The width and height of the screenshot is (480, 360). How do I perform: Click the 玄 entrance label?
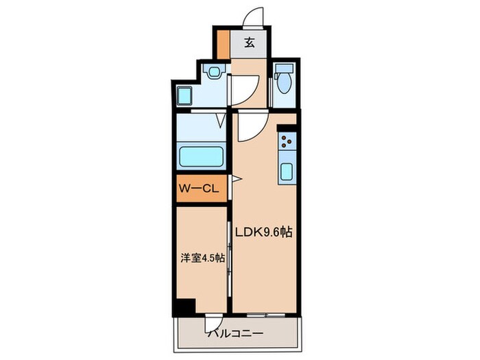coord(250,43)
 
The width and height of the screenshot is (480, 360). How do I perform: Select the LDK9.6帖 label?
coord(265,232)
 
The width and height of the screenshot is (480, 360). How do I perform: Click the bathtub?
coord(201,156)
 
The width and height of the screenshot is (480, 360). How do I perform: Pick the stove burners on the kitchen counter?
coord(286,142)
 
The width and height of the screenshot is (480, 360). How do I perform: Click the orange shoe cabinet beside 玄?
coord(224,45)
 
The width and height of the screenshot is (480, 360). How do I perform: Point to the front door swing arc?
coord(254,18)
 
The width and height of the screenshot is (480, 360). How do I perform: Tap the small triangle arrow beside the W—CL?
coord(235,179)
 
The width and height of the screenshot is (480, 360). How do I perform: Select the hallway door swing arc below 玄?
coord(245,86)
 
